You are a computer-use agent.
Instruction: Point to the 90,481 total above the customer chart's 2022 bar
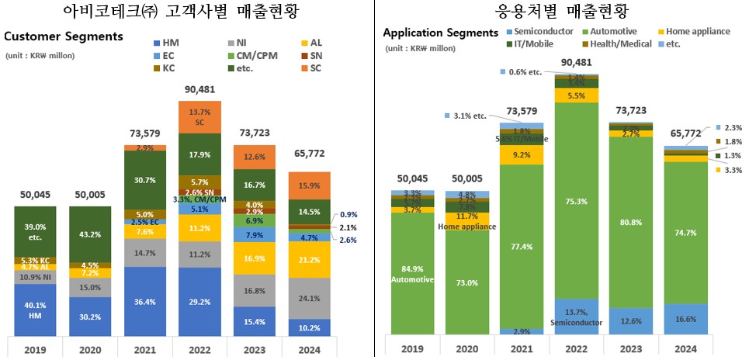click(199, 90)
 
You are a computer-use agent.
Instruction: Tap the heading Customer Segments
click(64, 36)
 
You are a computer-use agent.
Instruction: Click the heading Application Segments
click(440, 33)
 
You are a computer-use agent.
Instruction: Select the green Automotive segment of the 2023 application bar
click(631, 221)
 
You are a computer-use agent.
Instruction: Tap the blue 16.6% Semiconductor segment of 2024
click(686, 319)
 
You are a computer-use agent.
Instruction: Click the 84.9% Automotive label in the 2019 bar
click(413, 272)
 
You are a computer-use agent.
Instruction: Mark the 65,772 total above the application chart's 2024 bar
click(686, 133)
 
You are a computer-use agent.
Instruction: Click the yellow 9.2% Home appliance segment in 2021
click(522, 154)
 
